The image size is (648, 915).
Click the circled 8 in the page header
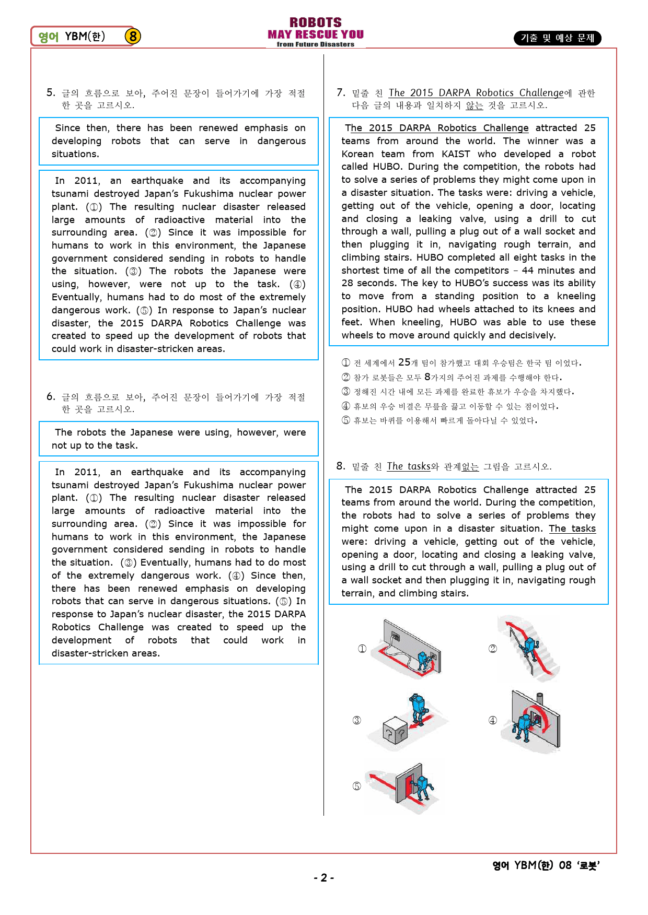point(133,36)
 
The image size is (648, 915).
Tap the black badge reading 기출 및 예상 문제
point(557,38)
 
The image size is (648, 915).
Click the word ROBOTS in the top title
point(316,22)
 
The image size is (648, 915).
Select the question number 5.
point(50,92)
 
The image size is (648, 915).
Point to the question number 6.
point(50,396)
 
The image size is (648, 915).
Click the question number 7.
point(341,92)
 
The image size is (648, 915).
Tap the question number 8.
point(341,466)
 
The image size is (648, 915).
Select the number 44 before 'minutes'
point(527,271)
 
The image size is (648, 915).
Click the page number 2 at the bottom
point(324,877)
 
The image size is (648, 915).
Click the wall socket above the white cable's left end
point(396,637)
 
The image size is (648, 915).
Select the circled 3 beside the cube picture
point(357,720)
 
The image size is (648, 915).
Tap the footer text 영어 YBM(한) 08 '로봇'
point(546,865)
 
